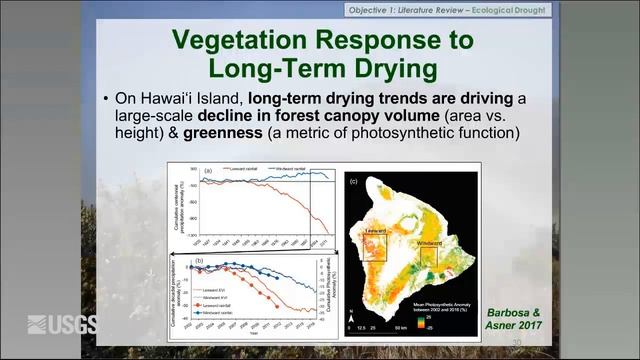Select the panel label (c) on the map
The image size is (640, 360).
coord(352,183)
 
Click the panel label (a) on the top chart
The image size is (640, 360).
coord(208,171)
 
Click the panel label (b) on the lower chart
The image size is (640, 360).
coord(200,261)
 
